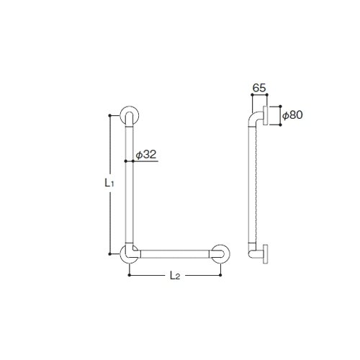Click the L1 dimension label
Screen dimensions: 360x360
109,184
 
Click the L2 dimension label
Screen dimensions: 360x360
175,276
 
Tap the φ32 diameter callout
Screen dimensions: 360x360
146,155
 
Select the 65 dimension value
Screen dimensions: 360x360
259,88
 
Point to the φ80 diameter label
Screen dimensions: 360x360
292,115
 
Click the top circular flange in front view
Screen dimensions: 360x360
130,115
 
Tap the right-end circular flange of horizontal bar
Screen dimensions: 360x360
220,254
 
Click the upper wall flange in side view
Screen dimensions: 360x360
266,115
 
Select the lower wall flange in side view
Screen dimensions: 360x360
266,254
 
